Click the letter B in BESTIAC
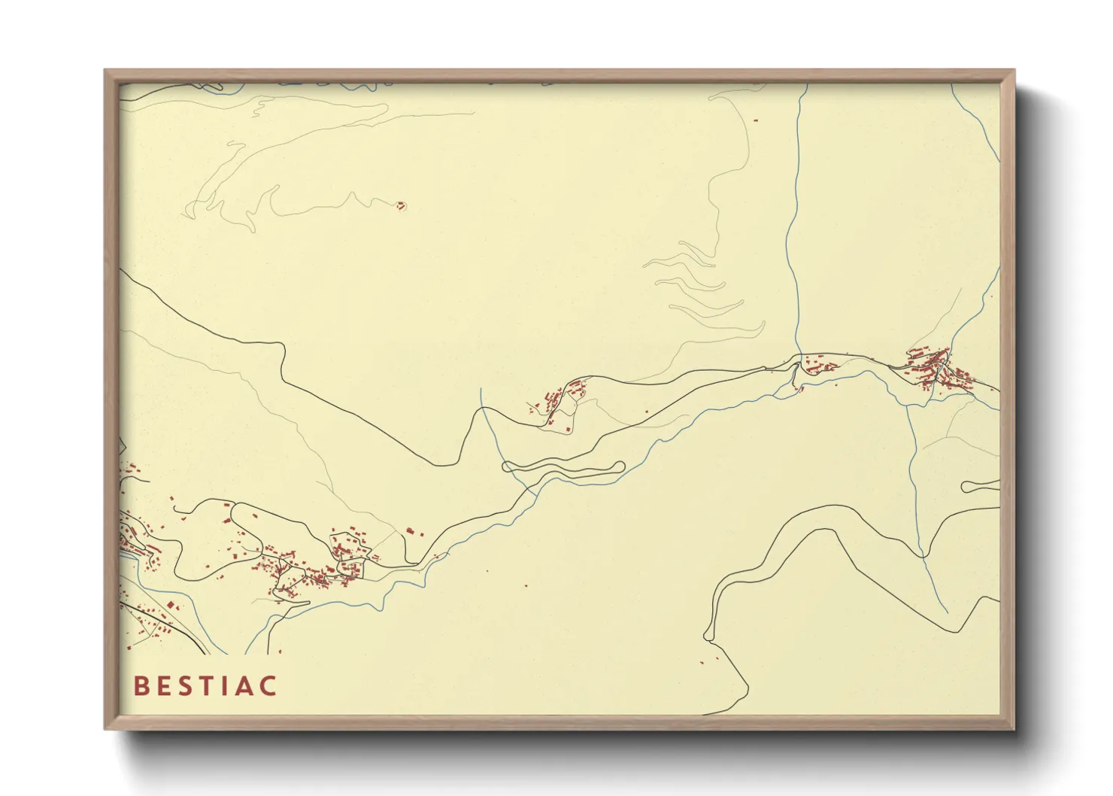[x=141, y=686]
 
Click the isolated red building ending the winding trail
[x=401, y=205]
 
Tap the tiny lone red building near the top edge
[x=756, y=120]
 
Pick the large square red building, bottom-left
[x=171, y=605]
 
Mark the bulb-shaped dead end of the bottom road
[x=708, y=636]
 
